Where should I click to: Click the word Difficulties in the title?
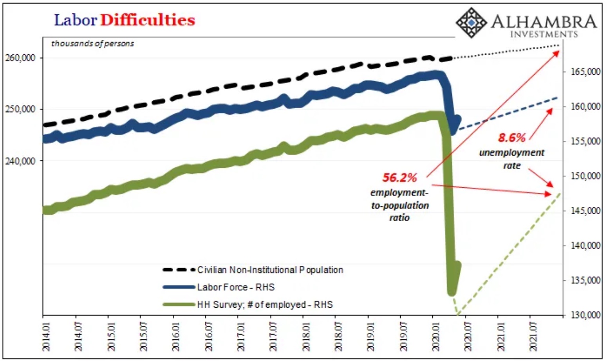pyautogui.click(x=147, y=20)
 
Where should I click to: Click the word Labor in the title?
pyautogui.click(x=75, y=20)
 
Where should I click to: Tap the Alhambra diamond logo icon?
pyautogui.click(x=471, y=23)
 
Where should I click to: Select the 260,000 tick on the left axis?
pyautogui.click(x=20, y=58)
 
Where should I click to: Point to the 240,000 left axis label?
pyautogui.click(x=20, y=161)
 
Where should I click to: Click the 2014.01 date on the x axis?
pyautogui.click(x=47, y=337)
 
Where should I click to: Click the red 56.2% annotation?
pyautogui.click(x=399, y=178)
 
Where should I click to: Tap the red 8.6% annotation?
pyautogui.click(x=511, y=138)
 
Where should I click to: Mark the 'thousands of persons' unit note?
pyautogui.click(x=92, y=43)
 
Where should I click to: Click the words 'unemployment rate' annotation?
pyautogui.click(x=511, y=159)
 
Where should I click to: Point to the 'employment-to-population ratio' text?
pyautogui.click(x=399, y=205)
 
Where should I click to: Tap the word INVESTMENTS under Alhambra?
pyautogui.click(x=544, y=34)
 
